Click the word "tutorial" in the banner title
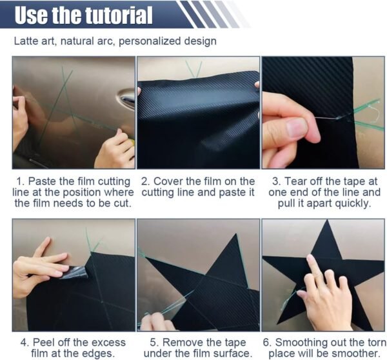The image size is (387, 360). point(119,15)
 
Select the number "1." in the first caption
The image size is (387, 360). point(21,181)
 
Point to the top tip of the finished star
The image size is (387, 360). point(327,221)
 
